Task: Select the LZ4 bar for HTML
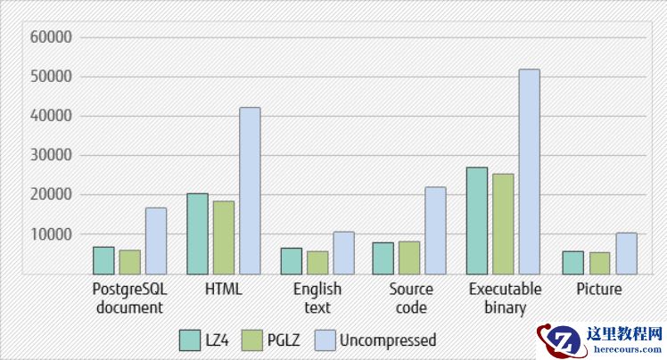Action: click(x=198, y=233)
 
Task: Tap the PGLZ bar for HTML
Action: click(x=224, y=237)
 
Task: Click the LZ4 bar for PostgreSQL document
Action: click(x=103, y=260)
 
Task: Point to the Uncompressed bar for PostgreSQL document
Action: click(x=156, y=241)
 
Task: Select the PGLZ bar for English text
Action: click(x=317, y=262)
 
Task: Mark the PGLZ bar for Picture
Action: click(x=599, y=263)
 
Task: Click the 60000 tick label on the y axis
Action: click(x=51, y=37)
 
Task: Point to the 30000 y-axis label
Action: click(x=51, y=156)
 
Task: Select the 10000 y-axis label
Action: click(x=51, y=234)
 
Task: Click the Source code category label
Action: click(x=411, y=299)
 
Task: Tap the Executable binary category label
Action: click(x=506, y=299)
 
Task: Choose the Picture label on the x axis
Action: click(x=599, y=290)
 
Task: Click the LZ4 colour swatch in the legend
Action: click(x=189, y=340)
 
